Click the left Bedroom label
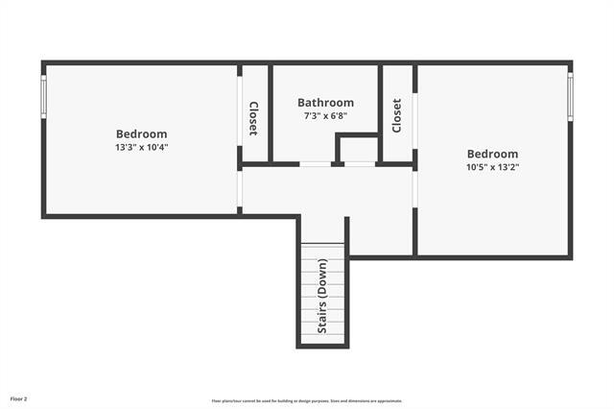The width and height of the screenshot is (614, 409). [x=142, y=133]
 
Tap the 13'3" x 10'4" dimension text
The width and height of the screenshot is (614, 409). [x=142, y=147]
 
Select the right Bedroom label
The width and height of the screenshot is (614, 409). [x=492, y=154]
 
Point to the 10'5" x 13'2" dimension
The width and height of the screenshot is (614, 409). [x=492, y=167]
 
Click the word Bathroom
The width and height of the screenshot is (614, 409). [x=325, y=103]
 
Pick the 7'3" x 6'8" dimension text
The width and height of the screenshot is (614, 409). [x=325, y=116]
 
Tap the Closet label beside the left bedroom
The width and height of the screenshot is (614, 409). [x=253, y=118]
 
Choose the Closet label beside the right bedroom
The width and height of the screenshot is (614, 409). [x=397, y=115]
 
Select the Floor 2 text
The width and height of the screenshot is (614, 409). [x=19, y=397]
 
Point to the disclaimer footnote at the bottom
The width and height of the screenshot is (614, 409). [x=307, y=400]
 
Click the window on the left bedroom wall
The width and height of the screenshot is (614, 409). [x=42, y=96]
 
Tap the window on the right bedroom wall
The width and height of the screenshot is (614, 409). [x=571, y=98]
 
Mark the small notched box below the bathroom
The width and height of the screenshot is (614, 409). [x=359, y=149]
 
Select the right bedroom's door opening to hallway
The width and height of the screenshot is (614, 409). [x=414, y=188]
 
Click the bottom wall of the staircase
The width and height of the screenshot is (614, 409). [x=322, y=346]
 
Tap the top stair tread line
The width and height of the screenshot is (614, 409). [x=322, y=248]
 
